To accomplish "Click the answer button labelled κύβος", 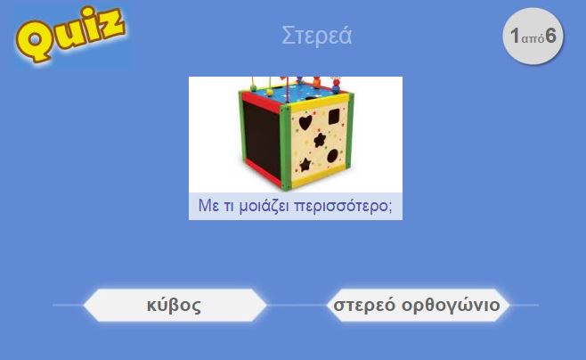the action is pyautogui.click(x=175, y=305).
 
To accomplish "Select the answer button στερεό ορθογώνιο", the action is pyautogui.click(x=417, y=305).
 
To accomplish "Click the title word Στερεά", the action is pyautogui.click(x=316, y=36).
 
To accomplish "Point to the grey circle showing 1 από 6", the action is pyautogui.click(x=533, y=36).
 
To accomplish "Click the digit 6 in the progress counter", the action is pyautogui.click(x=550, y=36).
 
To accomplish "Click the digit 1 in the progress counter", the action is pyautogui.click(x=516, y=36).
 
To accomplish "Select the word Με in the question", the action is pyautogui.click(x=208, y=205).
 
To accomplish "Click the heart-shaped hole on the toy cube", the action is pyautogui.click(x=305, y=122).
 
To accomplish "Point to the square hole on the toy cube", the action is pyautogui.click(x=334, y=116).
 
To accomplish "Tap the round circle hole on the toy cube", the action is pyautogui.click(x=332, y=156).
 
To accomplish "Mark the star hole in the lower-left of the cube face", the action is pyautogui.click(x=305, y=165).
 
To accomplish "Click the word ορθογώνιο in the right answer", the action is pyautogui.click(x=452, y=306).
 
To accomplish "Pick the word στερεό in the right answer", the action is pyautogui.click(x=364, y=306).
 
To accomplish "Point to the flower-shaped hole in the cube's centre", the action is pyautogui.click(x=320, y=140).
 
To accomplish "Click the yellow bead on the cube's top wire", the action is pyautogui.click(x=270, y=92).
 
